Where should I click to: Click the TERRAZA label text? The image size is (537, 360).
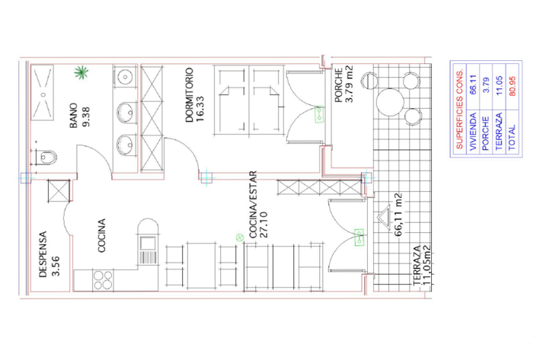click(x=417, y=267)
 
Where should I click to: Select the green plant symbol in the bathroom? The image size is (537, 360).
click(x=80, y=73)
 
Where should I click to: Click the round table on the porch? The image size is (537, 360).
click(x=390, y=98)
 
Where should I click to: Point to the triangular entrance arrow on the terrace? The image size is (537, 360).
click(x=382, y=216)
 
